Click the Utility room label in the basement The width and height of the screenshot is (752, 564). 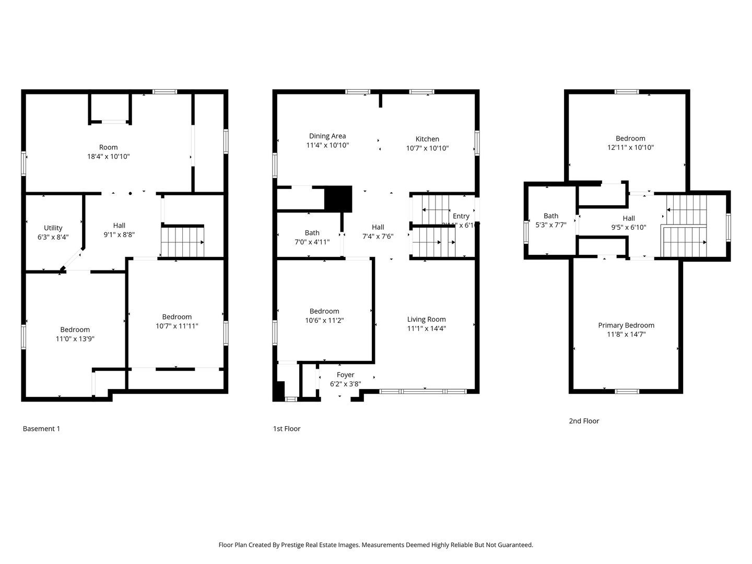[53, 228]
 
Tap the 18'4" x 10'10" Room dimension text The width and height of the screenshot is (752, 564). [109, 156]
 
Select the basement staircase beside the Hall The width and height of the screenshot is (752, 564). [182, 242]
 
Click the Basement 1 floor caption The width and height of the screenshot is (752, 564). [41, 429]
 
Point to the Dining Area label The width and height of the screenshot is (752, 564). [327, 136]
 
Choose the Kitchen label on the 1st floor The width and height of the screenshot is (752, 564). [427, 139]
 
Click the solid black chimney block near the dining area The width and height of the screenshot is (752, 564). [338, 198]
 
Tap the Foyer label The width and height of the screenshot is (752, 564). [345, 375]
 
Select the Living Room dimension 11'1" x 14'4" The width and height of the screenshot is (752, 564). [427, 328]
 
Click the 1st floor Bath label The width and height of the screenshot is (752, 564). [312, 233]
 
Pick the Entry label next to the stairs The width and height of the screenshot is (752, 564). [461, 216]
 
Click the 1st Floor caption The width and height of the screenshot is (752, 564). [287, 429]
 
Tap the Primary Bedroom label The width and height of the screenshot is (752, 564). [626, 325]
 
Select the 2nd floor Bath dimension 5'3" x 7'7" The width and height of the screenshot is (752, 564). [551, 225]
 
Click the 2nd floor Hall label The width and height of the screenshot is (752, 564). [629, 218]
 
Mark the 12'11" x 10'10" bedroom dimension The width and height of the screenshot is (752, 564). [630, 147]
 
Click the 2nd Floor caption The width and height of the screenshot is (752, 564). [584, 421]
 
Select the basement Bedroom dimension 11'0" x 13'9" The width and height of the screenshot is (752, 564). [75, 338]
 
